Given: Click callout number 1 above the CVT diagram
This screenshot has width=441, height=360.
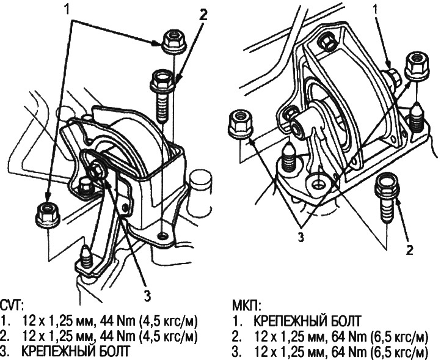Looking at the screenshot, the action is click(67, 9).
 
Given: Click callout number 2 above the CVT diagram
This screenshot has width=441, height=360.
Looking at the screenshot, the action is click(203, 15).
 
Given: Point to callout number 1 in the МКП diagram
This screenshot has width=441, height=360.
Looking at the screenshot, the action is click(376, 10).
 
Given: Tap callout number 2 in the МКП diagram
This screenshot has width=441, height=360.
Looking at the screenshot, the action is click(409, 249).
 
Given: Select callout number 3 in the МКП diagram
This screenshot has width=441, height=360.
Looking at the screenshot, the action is click(301, 237).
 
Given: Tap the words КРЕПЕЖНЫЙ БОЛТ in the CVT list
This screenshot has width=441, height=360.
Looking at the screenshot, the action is click(76, 351).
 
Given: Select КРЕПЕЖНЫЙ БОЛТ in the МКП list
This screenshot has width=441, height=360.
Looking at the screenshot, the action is click(307, 321).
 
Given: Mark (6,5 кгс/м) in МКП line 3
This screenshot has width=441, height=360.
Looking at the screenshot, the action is click(399, 352).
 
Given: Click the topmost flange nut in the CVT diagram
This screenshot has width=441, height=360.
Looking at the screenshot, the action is click(174, 42).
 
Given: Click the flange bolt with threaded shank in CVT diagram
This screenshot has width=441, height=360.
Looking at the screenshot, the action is click(162, 96).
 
